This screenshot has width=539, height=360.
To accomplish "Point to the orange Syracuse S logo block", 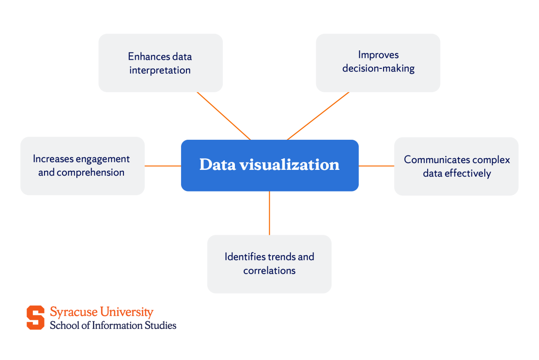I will point(35,317).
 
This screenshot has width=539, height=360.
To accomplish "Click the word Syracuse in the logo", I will point(73,312).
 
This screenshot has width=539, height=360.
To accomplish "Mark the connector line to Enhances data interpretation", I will point(223,116).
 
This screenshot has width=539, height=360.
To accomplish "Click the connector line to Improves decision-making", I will point(318,116).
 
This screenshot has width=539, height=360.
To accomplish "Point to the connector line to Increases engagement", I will point(163,166).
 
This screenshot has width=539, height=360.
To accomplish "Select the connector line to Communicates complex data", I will point(376,166).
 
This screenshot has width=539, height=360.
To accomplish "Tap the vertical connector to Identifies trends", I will point(269,213).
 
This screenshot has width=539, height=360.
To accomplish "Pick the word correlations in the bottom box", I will point(269,271).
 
